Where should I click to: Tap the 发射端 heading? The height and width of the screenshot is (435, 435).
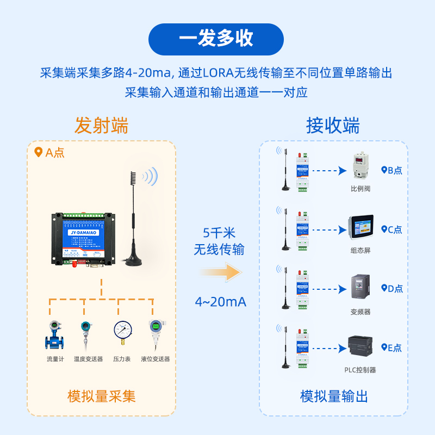(x=101, y=126)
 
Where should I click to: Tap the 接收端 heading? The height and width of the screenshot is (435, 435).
(x=333, y=126)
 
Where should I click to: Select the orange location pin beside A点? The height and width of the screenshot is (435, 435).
(x=38, y=152)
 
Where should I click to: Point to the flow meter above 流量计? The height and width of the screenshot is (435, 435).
(x=55, y=334)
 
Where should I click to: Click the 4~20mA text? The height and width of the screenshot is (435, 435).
(x=220, y=302)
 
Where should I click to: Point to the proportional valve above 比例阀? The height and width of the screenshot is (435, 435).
(x=360, y=166)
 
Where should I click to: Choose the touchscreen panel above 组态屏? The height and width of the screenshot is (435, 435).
(x=361, y=227)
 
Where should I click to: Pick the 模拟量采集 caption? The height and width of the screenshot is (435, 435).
(x=101, y=396)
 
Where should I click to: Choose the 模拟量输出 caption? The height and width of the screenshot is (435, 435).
(x=334, y=396)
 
